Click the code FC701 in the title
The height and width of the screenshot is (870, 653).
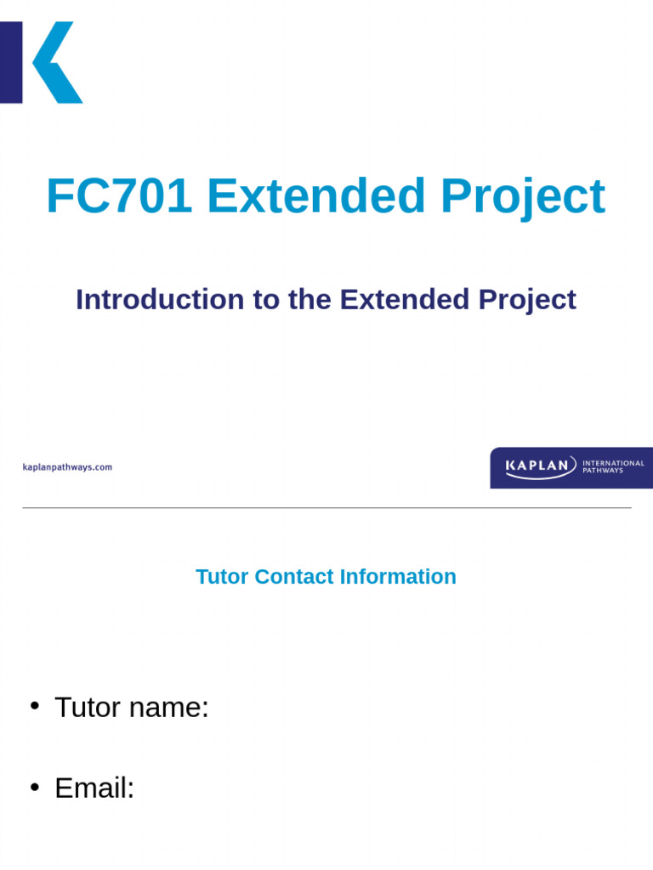[119, 197]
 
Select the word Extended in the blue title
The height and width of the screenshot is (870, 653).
[315, 197]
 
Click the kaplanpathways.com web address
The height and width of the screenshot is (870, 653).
[67, 467]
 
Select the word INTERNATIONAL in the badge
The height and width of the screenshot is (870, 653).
[613, 463]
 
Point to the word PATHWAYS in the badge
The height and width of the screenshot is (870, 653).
[603, 471]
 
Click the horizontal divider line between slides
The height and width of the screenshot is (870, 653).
[326, 508]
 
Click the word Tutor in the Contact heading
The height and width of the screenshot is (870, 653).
[222, 577]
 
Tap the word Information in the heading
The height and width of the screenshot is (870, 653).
[398, 577]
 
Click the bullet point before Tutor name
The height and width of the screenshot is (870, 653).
[35, 706]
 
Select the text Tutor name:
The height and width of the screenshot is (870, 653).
[132, 707]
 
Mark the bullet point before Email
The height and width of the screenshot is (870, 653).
[35, 788]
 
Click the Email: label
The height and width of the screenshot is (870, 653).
[94, 788]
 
